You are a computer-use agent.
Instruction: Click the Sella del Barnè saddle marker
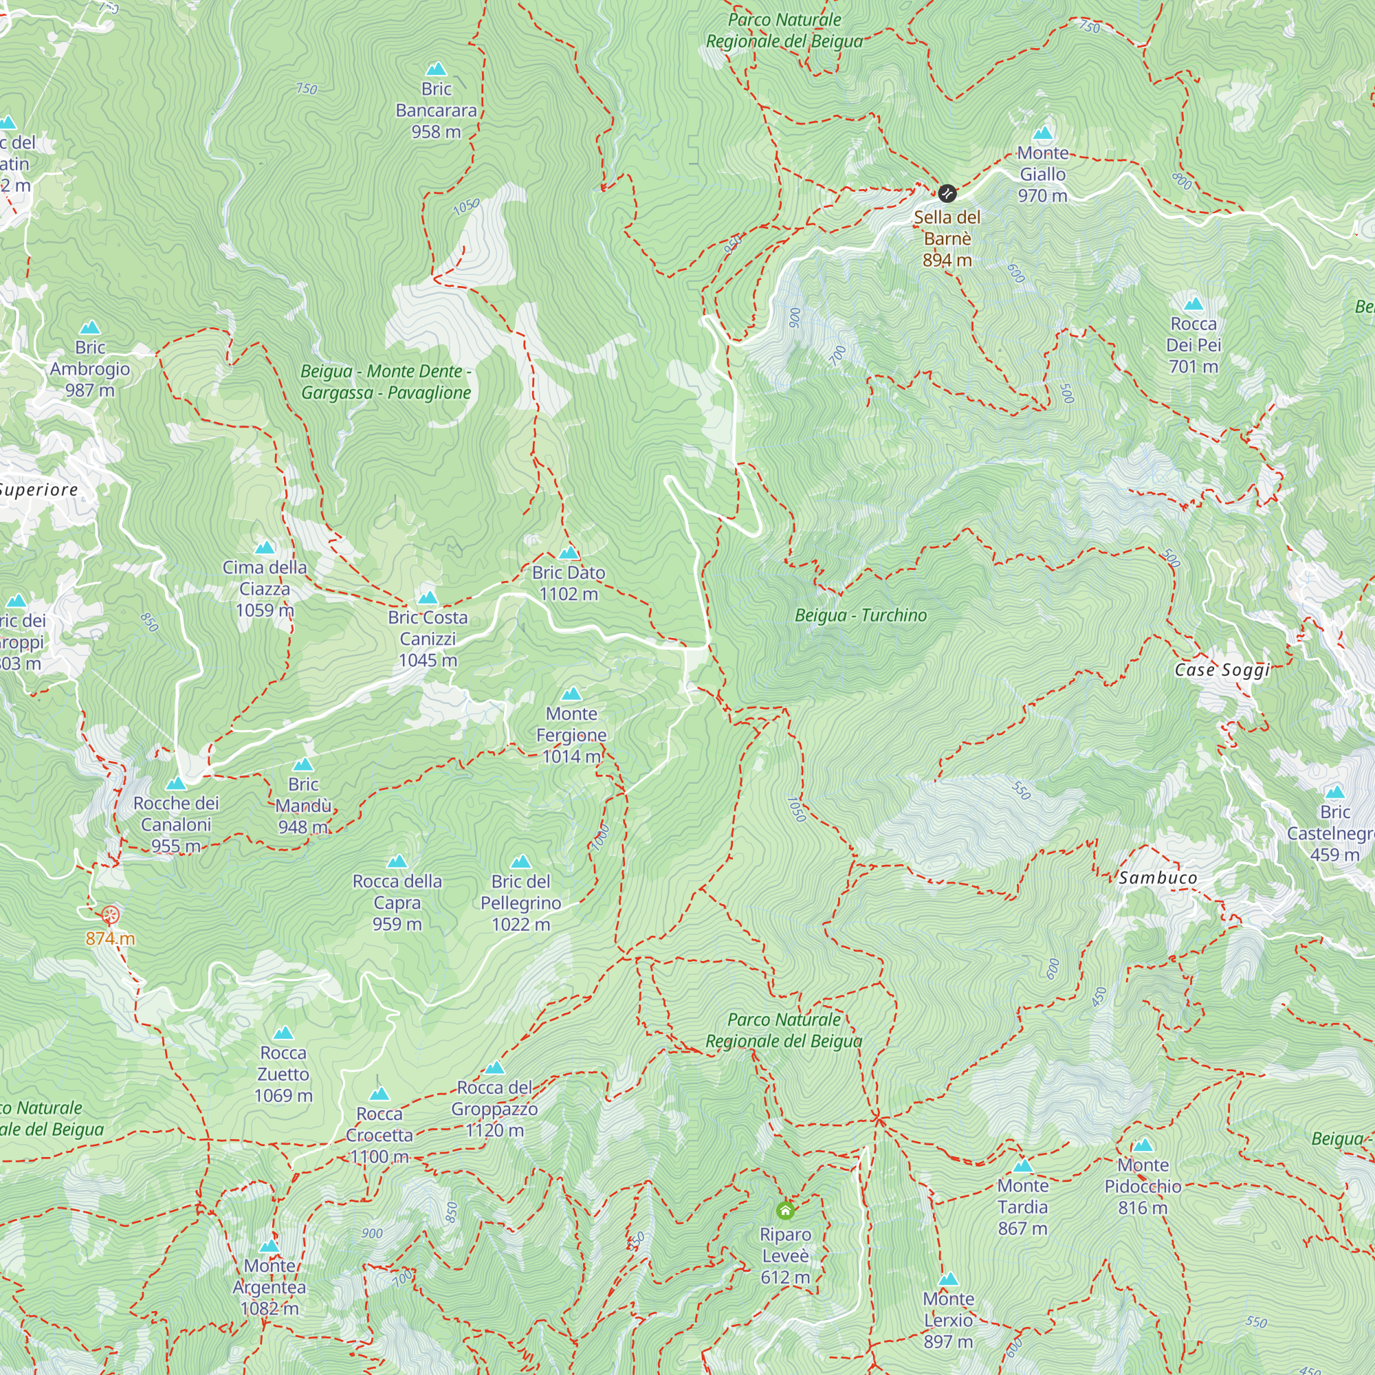[947, 193]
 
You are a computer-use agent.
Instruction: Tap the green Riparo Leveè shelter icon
[785, 1210]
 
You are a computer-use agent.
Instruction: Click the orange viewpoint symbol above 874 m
[109, 914]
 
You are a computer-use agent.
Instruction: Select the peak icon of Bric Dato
[569, 553]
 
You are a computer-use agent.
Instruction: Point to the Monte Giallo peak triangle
[1043, 133]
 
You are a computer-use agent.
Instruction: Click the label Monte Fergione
[571, 725]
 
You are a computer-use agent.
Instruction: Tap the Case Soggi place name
[1222, 670]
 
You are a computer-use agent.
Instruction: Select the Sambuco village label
[1157, 878]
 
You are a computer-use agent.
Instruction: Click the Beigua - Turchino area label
[861, 615]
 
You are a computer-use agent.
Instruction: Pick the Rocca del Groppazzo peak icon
[494, 1068]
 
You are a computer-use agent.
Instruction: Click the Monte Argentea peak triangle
[269, 1246]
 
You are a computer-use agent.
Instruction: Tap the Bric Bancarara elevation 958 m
[437, 132]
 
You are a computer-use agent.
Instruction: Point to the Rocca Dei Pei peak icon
[1193, 305]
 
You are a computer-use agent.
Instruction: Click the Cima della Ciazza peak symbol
[265, 547]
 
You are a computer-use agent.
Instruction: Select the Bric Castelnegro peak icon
[1334, 792]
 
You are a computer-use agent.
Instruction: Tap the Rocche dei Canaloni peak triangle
[176, 784]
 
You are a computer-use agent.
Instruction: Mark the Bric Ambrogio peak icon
[89, 327]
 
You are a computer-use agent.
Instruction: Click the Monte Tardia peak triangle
[1023, 1166]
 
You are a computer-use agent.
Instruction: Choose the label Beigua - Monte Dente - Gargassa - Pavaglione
[386, 382]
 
